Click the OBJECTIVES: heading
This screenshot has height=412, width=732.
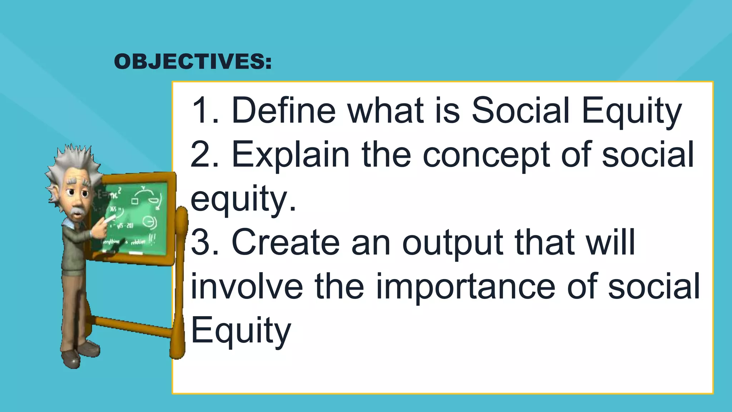(193, 62)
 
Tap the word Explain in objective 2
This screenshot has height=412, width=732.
(291, 154)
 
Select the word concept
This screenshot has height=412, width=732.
(486, 154)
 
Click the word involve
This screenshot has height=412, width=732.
(247, 286)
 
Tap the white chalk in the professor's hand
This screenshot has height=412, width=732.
(112, 217)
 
